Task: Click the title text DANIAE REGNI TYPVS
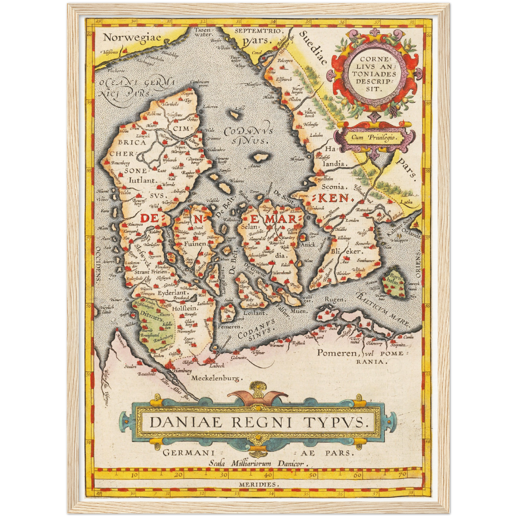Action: tap(258, 423)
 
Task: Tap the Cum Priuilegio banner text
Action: tap(375, 137)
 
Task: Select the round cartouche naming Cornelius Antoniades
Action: tap(373, 74)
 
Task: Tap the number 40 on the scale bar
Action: tap(268, 475)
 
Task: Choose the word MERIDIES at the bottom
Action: tap(258, 484)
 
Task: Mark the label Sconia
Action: tap(333, 186)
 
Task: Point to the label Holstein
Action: tap(185, 308)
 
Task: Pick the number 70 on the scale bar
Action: tap(402, 475)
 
